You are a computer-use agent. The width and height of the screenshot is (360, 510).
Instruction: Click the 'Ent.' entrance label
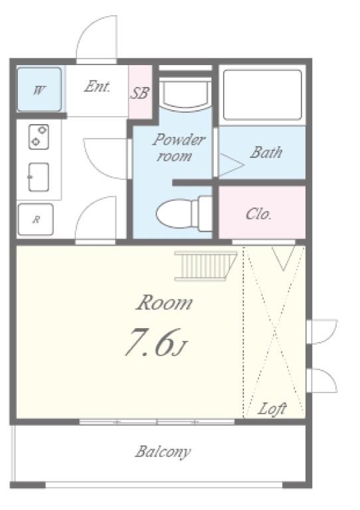coord(97,86)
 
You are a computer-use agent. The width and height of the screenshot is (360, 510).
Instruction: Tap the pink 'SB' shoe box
coord(141,92)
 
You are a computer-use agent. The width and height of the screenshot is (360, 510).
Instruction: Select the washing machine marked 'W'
coord(39,89)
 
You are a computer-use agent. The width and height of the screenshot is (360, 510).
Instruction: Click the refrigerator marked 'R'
coord(36,219)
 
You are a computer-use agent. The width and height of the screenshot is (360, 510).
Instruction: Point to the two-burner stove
coord(39,137)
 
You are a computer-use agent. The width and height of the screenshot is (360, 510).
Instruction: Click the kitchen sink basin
coord(39,177)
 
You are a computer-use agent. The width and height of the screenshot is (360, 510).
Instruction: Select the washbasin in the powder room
coord(186,94)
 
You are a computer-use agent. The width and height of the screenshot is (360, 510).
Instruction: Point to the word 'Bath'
coord(266,152)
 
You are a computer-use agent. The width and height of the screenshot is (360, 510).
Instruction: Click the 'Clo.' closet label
coord(258,214)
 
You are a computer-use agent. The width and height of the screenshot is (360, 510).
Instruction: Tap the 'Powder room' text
coord(178,147)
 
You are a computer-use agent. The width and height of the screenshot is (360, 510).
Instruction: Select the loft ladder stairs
coord(206,266)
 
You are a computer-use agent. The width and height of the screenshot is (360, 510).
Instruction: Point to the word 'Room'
coord(165,303)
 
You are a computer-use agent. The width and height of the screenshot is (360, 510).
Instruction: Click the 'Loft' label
coord(272,408)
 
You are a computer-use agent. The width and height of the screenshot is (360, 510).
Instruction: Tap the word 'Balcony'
coord(163,452)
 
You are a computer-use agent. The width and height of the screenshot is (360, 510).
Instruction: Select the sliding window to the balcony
coord(157,422)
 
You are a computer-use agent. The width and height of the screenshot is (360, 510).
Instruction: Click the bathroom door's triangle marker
coord(232,165)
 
